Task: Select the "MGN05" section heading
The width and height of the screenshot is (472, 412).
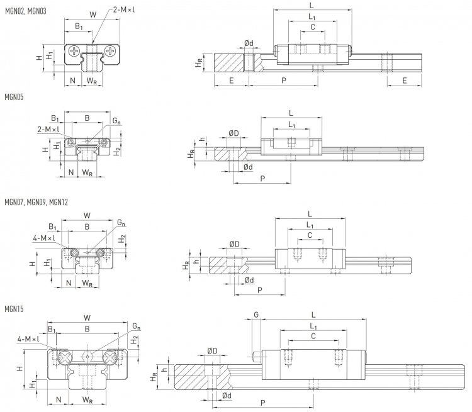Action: point(14,98)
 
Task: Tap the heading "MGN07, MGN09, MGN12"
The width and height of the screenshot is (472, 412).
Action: point(37,203)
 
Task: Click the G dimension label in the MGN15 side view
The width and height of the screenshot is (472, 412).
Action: point(256,313)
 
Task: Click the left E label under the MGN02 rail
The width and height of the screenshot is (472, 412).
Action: point(232,81)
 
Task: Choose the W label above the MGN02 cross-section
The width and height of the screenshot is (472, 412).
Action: point(93,14)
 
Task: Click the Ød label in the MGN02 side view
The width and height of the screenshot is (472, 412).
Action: point(249,43)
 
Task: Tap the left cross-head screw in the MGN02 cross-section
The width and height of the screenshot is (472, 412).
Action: point(76,50)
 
